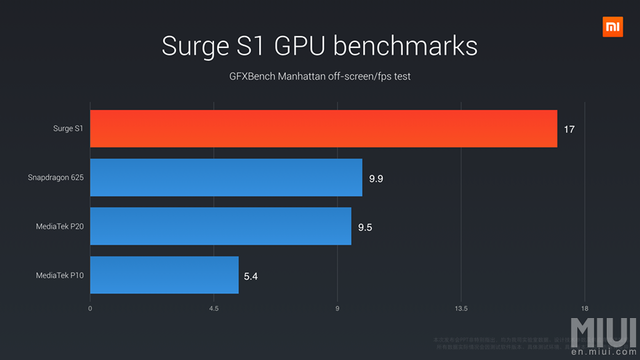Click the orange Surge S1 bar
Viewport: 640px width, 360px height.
(323, 129)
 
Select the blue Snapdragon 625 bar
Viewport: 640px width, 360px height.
(226, 177)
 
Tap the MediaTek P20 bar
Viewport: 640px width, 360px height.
(220, 226)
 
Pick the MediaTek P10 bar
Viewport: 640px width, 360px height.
(164, 274)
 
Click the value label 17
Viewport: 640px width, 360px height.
(569, 129)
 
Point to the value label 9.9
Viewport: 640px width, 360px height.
(377, 177)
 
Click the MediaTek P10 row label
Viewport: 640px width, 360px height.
(60, 274)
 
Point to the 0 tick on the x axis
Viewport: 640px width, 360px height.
(90, 308)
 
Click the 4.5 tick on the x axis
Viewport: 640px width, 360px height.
(214, 308)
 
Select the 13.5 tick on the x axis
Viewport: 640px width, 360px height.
(461, 308)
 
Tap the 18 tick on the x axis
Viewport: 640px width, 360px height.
(584, 308)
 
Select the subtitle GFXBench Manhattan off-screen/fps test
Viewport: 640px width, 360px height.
(319, 76)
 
